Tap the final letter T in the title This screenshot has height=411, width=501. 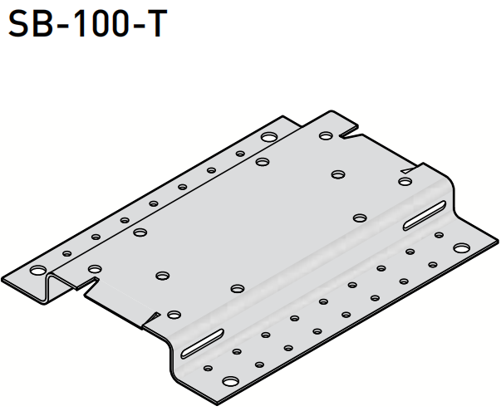tap(155, 24)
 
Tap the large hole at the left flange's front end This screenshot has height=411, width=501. tap(38, 271)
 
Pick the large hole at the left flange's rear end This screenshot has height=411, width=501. tap(269, 137)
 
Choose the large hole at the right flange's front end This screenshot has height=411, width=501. tap(229, 383)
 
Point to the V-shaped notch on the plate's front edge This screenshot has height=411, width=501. tap(150, 318)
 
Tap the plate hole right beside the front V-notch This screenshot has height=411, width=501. tap(174, 314)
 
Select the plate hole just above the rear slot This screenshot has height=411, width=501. tap(405, 181)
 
